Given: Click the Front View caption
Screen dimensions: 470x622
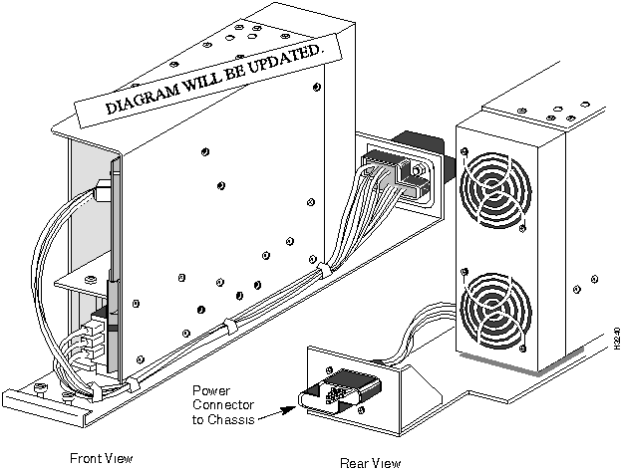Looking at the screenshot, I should pos(101,458).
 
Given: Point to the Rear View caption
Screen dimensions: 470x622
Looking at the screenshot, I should pos(370,462).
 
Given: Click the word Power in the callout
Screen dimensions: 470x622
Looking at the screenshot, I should pos(210,389).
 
